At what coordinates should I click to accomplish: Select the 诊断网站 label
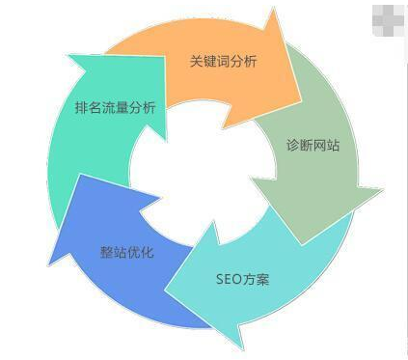point(313,148)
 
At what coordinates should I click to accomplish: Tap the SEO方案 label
point(242,280)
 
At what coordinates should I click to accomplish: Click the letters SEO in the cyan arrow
point(229,280)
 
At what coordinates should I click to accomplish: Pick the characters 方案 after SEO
point(257,280)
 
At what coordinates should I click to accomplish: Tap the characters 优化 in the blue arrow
point(140,252)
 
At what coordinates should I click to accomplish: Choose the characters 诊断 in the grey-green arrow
point(299,148)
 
